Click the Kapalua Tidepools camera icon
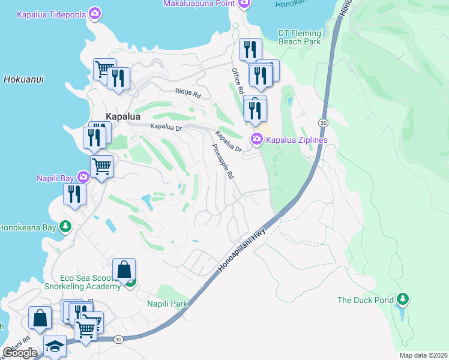tap(94, 13)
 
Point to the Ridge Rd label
tap(188, 92)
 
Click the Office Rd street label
tap(237, 80)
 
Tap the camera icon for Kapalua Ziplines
tap(257, 139)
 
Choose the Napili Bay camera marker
tap(83, 176)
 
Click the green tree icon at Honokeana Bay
tap(66, 227)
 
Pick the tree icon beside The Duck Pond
tap(404, 299)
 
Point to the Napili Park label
tap(167, 304)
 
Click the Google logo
tap(20, 353)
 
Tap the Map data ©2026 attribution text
tap(423, 355)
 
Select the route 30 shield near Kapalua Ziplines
tap(323, 122)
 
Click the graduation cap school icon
tap(55, 346)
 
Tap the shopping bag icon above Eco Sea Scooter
tap(124, 269)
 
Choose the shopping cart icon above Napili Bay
tap(102, 166)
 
